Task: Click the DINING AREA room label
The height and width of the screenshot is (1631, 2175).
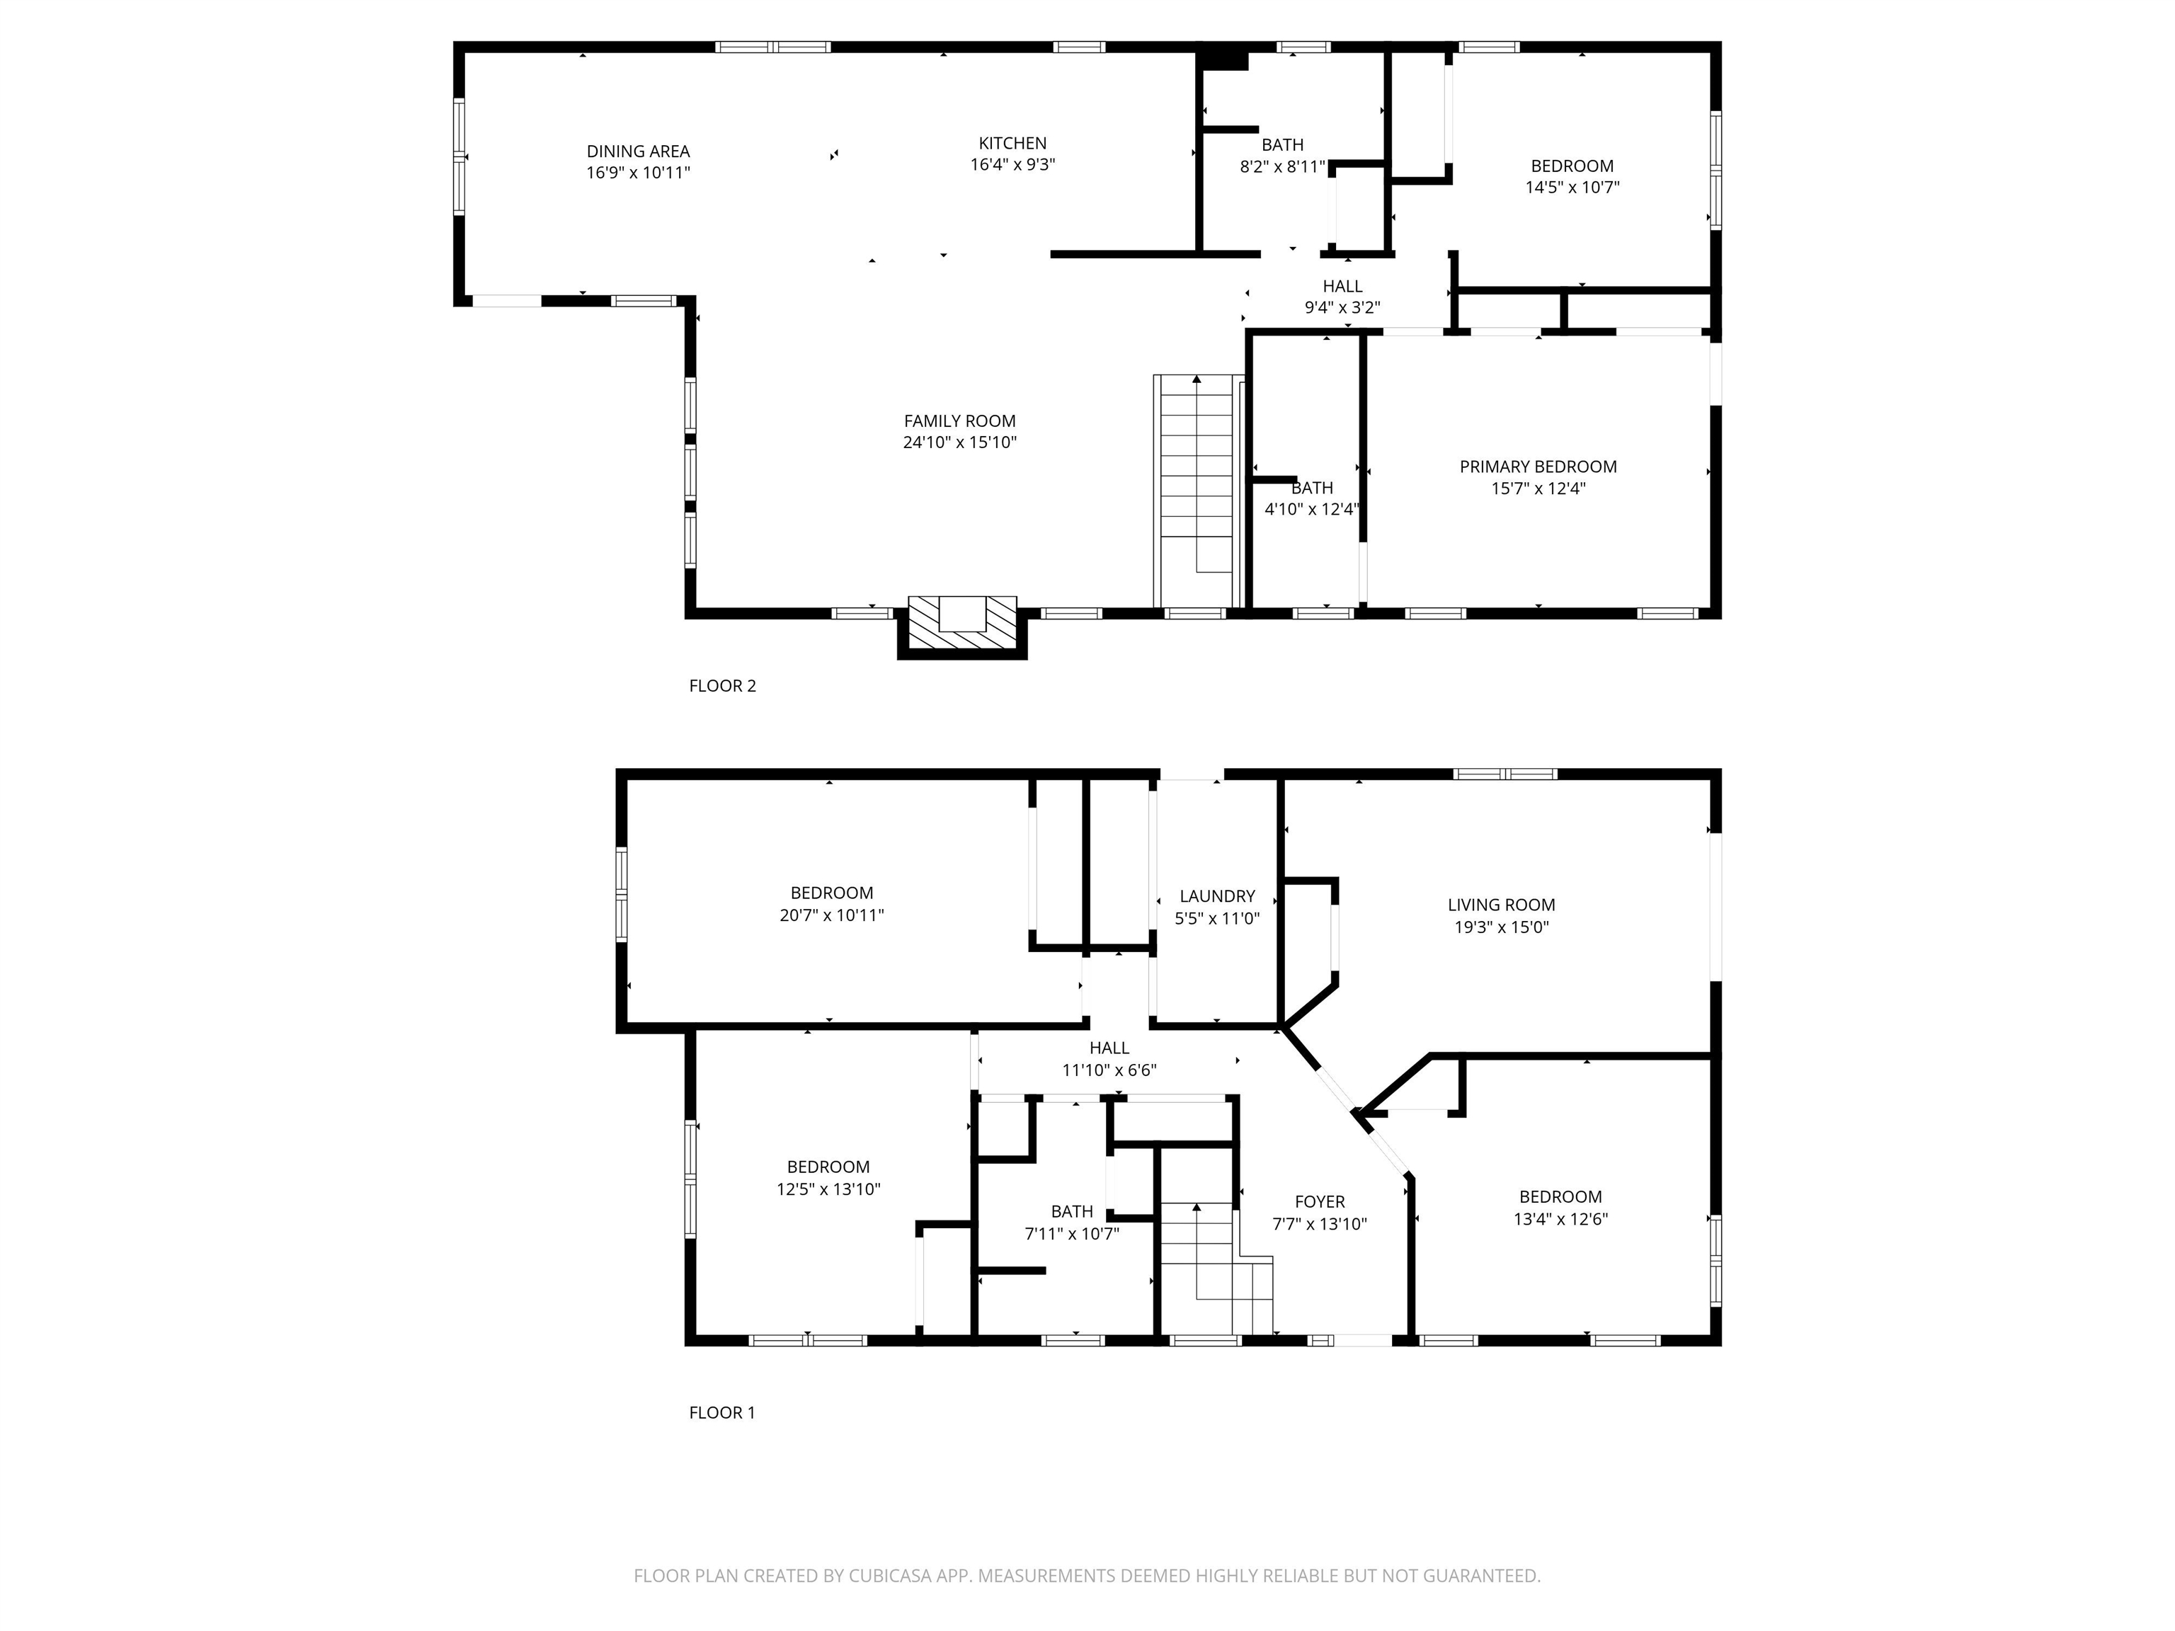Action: tap(638, 151)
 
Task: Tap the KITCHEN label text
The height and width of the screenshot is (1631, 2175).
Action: tap(1012, 144)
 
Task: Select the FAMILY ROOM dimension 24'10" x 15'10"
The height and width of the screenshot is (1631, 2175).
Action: tap(959, 442)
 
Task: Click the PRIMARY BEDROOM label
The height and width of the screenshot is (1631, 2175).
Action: tap(1538, 467)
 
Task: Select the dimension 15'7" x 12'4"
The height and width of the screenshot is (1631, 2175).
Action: tap(1538, 488)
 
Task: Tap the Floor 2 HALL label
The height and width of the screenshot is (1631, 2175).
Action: tap(1342, 286)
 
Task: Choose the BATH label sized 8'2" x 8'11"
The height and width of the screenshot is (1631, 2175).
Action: tap(1282, 144)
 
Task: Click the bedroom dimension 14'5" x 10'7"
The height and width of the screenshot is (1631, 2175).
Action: tap(1572, 188)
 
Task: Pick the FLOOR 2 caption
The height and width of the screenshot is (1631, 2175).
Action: tap(723, 686)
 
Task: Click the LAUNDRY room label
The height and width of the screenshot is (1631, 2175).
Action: tap(1217, 897)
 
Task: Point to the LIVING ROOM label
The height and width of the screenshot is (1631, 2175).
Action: tap(1502, 905)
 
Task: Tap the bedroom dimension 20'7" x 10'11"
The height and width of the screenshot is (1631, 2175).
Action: tap(832, 915)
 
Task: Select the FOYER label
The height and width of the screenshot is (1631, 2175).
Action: tap(1320, 1202)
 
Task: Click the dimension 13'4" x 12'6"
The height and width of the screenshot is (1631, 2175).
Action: tap(1560, 1219)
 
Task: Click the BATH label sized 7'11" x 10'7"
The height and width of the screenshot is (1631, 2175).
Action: tap(1072, 1212)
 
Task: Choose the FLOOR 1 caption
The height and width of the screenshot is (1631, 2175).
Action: tap(721, 1413)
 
